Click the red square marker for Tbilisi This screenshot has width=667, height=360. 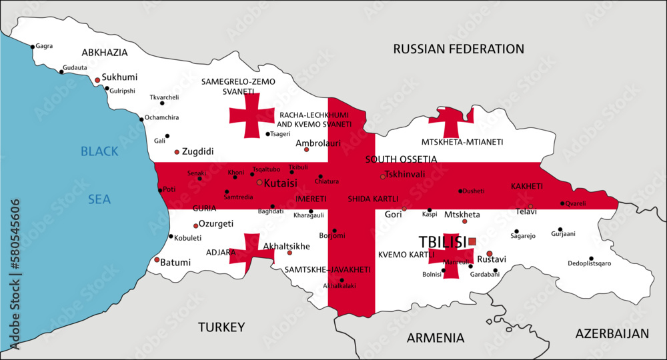(x=472, y=241)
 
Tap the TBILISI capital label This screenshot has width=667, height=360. (x=442, y=242)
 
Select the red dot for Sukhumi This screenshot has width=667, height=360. (x=97, y=80)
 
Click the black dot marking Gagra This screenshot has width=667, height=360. (x=32, y=47)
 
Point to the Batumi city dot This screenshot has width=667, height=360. (x=157, y=260)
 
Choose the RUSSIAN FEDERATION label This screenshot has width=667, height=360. (x=458, y=49)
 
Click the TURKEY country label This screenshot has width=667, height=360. (x=221, y=327)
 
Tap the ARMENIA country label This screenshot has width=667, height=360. (x=436, y=337)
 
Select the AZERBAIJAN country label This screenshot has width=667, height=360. (x=612, y=333)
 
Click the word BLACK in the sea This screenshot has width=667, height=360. (x=99, y=151)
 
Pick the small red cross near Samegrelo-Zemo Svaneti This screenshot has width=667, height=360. (x=252, y=117)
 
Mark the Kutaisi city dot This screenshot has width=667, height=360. (x=259, y=182)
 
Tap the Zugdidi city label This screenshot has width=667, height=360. (x=197, y=152)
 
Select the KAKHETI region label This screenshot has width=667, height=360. (x=527, y=186)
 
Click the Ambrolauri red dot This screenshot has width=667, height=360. (x=306, y=149)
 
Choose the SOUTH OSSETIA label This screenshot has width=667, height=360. (x=401, y=159)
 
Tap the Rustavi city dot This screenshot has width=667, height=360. (x=489, y=253)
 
